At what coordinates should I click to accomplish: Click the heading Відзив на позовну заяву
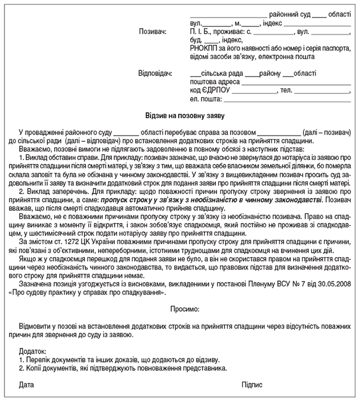179,115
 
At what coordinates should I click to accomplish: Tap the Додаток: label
34,352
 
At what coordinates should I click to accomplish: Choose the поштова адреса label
214,82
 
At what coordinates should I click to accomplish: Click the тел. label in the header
286,90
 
